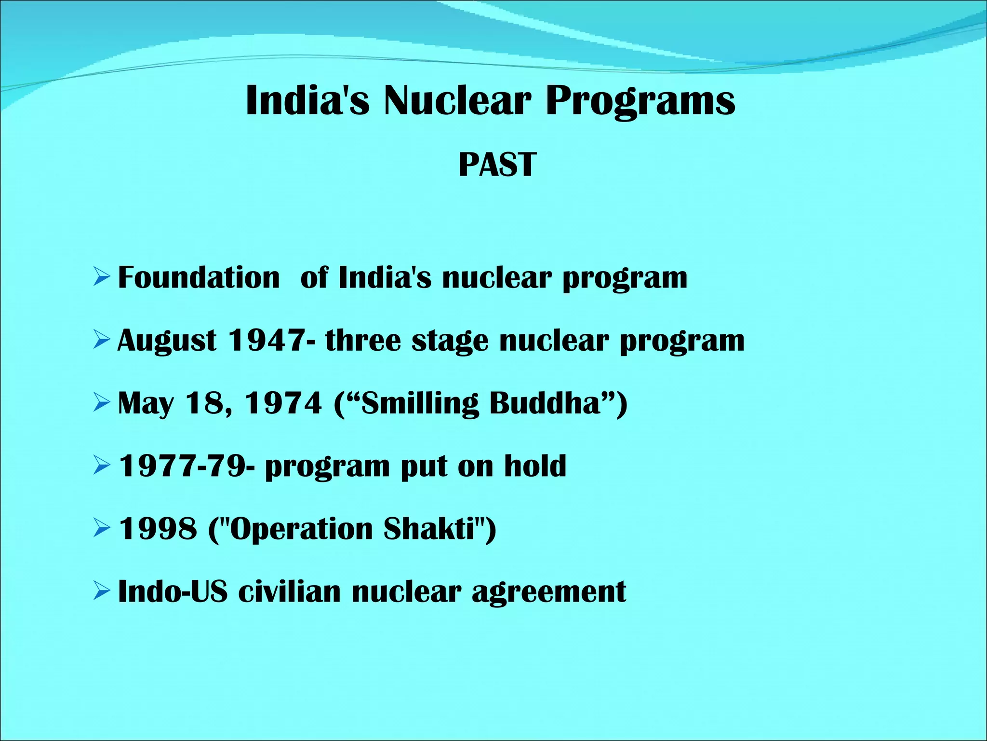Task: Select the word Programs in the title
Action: click(640, 101)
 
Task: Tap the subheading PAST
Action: click(497, 165)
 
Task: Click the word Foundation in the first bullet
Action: click(199, 278)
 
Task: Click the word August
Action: click(167, 342)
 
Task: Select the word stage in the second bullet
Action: click(450, 342)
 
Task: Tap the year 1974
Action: click(283, 403)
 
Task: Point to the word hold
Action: click(535, 466)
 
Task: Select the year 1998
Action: click(158, 529)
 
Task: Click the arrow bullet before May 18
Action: click(102, 403)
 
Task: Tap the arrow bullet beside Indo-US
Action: click(102, 591)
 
